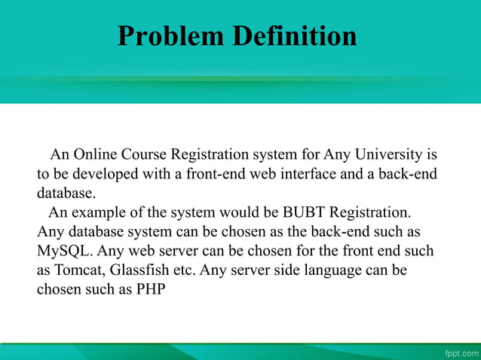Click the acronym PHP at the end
[x=149, y=288]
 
